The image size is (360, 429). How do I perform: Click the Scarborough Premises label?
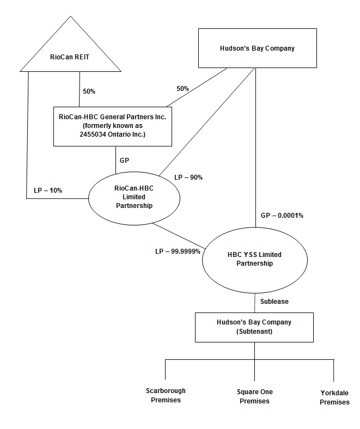click(x=166, y=395)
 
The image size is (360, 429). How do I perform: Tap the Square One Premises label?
click(x=254, y=396)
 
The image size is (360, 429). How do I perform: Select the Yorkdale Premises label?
click(x=334, y=397)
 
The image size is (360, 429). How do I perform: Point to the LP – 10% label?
click(x=48, y=191)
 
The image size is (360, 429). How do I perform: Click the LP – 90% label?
click(x=188, y=177)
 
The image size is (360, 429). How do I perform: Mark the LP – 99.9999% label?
click(x=178, y=251)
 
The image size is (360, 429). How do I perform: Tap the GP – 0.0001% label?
click(x=282, y=216)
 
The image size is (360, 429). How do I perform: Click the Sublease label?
click(x=274, y=302)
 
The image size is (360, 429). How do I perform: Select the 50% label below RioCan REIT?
click(x=89, y=91)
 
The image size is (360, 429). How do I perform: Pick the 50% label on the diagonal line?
click(x=182, y=89)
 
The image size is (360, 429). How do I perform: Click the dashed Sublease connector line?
click(x=255, y=303)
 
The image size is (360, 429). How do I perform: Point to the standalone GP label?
click(x=124, y=160)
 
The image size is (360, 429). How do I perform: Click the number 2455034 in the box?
click(x=93, y=134)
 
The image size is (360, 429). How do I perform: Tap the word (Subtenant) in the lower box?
click(x=254, y=332)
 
